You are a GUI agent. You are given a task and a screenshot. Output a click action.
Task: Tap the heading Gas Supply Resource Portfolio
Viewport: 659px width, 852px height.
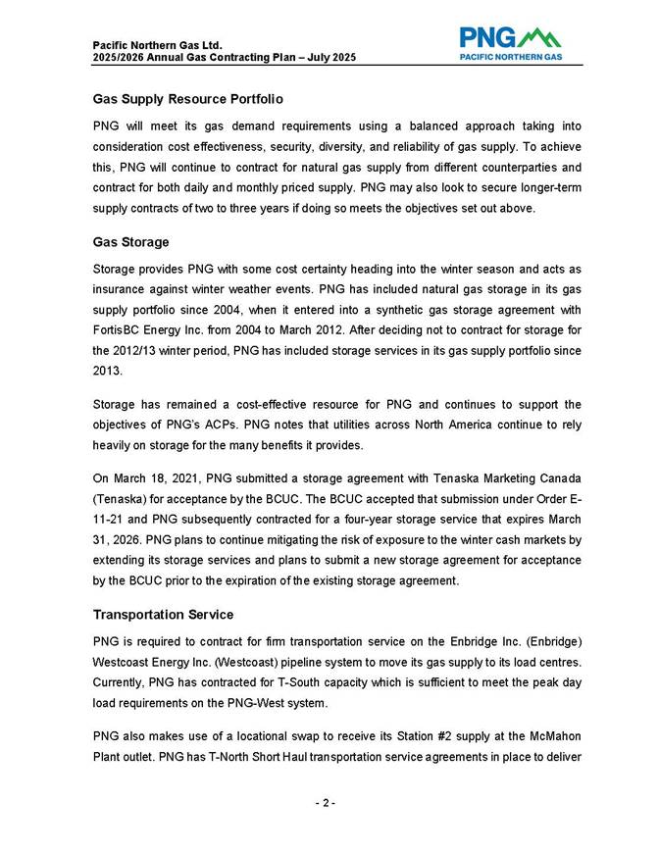(188, 100)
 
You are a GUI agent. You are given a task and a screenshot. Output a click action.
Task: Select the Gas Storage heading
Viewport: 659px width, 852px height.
(131, 242)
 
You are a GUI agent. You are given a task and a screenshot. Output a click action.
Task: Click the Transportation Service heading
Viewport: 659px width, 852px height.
(163, 615)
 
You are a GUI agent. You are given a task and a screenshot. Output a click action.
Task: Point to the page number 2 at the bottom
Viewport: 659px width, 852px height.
(327, 804)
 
